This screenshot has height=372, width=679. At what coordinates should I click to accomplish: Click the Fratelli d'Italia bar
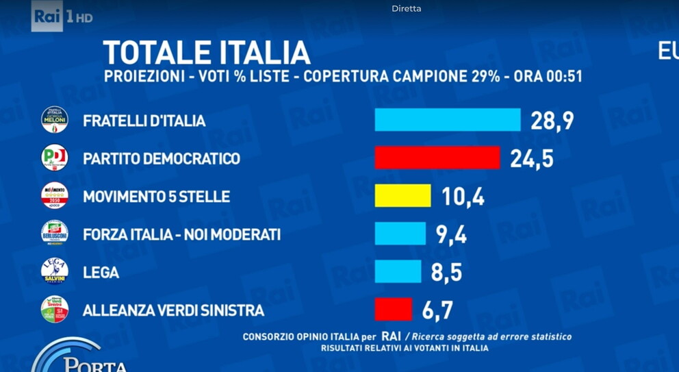(448, 120)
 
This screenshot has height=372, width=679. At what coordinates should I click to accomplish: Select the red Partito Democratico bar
(437, 158)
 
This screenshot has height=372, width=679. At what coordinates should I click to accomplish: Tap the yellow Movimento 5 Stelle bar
(402, 196)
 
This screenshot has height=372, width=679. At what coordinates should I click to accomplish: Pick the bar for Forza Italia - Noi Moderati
(400, 234)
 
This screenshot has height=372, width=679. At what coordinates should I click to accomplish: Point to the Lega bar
(398, 271)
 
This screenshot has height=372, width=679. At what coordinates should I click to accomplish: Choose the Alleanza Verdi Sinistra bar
(393, 310)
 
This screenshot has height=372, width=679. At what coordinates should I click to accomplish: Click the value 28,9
(552, 121)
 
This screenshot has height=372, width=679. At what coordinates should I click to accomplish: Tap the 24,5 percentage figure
(531, 158)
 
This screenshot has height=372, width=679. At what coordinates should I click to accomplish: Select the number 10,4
(463, 197)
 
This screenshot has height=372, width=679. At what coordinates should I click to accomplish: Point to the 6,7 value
(437, 310)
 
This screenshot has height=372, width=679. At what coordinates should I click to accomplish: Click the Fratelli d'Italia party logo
(55, 120)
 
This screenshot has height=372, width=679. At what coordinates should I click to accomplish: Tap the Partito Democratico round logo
(55, 158)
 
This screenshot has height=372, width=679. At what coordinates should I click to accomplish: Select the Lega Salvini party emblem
(55, 271)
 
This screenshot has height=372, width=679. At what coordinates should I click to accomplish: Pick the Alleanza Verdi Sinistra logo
(55, 310)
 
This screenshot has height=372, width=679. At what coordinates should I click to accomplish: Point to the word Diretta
(407, 9)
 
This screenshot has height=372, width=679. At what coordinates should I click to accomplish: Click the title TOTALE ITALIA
(206, 53)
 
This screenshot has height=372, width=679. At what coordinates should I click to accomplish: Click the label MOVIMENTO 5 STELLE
(156, 197)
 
